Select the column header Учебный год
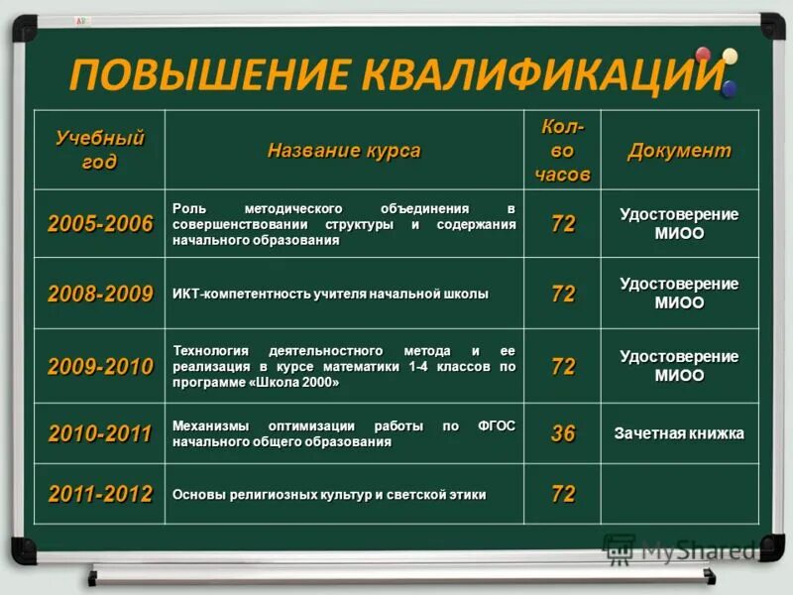pyautogui.click(x=99, y=149)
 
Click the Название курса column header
pyautogui.click(x=344, y=151)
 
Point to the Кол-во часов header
pyautogui.click(x=562, y=150)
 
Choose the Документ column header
pyautogui.click(x=679, y=151)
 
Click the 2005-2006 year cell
pyautogui.click(x=100, y=224)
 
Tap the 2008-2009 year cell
pyautogui.click(x=100, y=294)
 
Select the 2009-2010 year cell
pyautogui.click(x=100, y=366)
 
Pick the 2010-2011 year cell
pyautogui.click(x=100, y=433)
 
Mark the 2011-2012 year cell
pyautogui.click(x=100, y=494)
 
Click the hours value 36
pyautogui.click(x=562, y=433)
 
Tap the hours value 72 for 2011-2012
pyautogui.click(x=562, y=494)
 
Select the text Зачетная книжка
pyautogui.click(x=679, y=433)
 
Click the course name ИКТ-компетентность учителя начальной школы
pyautogui.click(x=330, y=294)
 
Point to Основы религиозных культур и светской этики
pyautogui.click(x=329, y=494)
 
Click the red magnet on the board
pyautogui.click(x=704, y=55)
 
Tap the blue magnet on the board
pyautogui.click(x=730, y=88)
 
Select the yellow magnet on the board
pyautogui.click(x=731, y=57)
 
